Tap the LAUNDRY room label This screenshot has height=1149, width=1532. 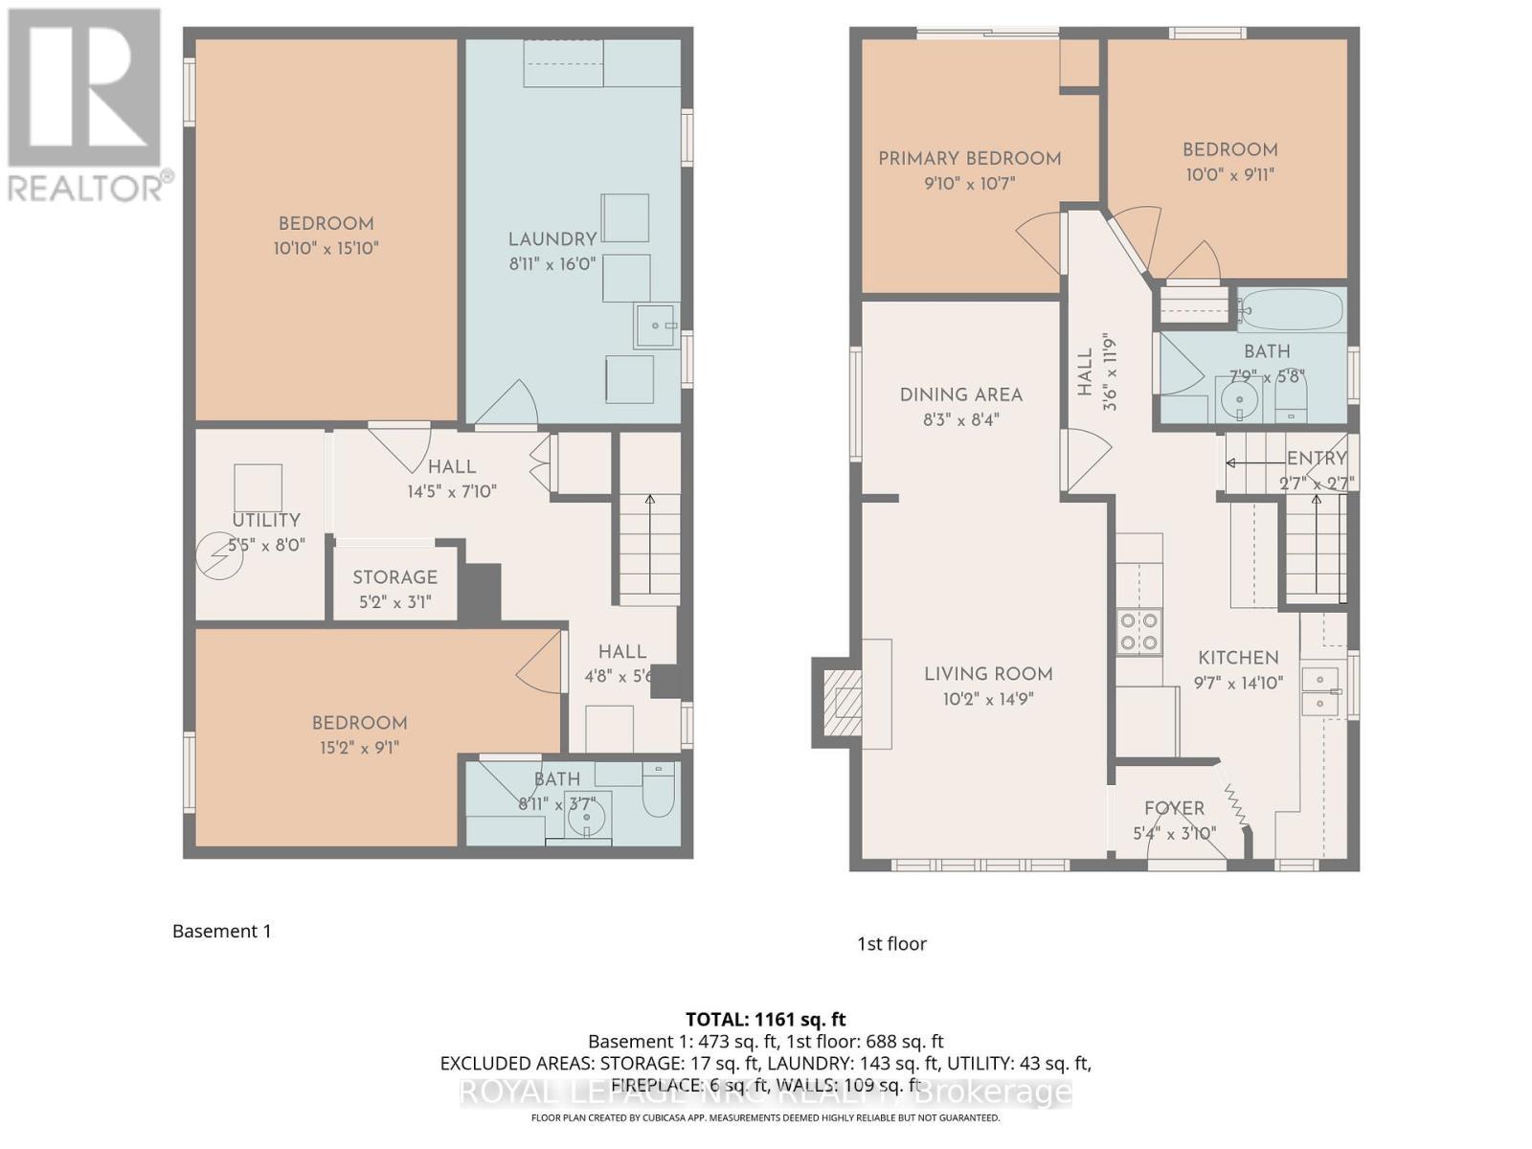point(552,239)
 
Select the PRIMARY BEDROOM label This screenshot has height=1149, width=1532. point(969,159)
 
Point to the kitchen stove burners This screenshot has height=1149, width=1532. point(1139,632)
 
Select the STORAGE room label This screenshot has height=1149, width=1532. point(394,577)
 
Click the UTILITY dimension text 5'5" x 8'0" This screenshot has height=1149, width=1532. point(266,545)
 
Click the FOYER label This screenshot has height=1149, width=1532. point(1174,808)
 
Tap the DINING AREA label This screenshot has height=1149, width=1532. point(961,394)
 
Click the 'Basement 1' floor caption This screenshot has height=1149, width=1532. point(222,931)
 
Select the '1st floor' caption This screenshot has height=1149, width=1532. point(891,943)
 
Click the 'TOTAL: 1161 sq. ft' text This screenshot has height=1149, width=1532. point(766,1020)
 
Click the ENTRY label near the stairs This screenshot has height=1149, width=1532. point(1317,459)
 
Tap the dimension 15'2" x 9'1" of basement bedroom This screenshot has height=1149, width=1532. point(359,748)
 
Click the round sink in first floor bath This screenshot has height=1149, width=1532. point(1240,399)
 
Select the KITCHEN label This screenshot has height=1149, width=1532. point(1238,658)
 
